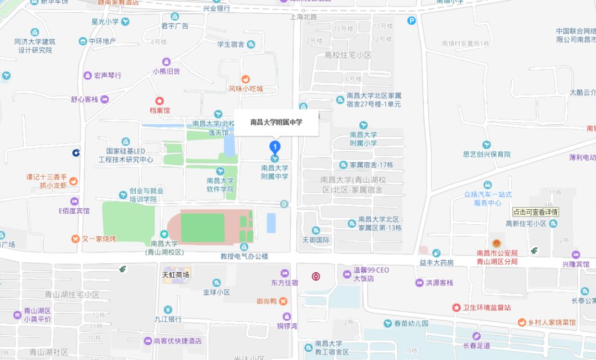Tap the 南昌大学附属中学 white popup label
(276, 122)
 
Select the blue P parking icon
(411, 21)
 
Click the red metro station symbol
(315, 276)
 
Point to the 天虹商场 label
(175, 274)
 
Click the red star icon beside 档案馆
(159, 101)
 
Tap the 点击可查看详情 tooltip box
(535, 212)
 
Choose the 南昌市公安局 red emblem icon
(497, 243)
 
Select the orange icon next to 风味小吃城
(246, 79)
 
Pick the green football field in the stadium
(203, 227)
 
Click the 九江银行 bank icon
(168, 309)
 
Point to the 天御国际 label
(316, 240)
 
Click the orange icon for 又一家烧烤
(76, 239)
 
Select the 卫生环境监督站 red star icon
(456, 307)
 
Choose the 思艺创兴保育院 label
(487, 155)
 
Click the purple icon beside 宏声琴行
(87, 75)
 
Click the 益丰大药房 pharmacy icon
(436, 253)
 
